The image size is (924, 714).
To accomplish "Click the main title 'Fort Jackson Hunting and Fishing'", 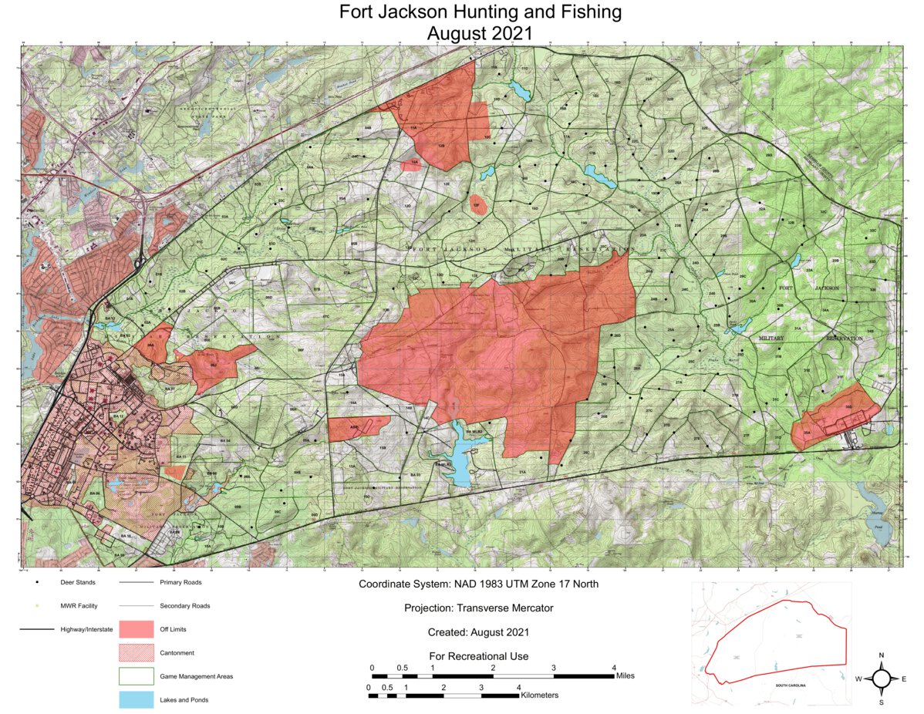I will (x=480, y=12).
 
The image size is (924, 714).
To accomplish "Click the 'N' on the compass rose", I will (x=881, y=655).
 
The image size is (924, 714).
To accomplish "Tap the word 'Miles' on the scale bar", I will (x=626, y=676).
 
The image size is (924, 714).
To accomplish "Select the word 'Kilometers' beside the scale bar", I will (x=540, y=695).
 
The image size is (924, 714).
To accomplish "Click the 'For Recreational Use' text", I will (x=478, y=656).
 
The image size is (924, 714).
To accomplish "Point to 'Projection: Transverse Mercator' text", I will (x=478, y=608).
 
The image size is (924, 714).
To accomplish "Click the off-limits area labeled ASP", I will (x=357, y=428).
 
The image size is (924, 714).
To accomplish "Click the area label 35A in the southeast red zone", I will (x=807, y=433).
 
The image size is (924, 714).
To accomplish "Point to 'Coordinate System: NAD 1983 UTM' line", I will (x=478, y=584).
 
